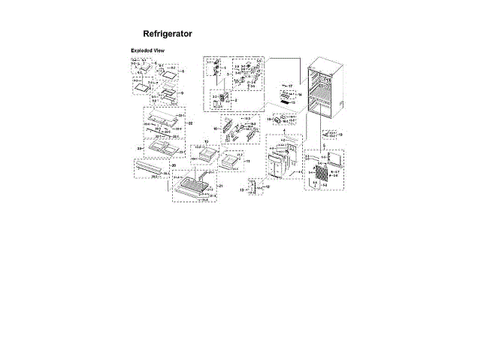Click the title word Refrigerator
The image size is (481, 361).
pyautogui.click(x=168, y=34)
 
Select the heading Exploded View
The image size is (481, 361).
pyautogui.click(x=148, y=50)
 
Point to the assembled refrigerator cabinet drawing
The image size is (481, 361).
pyautogui.click(x=325, y=86)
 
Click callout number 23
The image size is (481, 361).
pyautogui.click(x=139, y=149)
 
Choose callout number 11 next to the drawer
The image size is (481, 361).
pyautogui.click(x=247, y=162)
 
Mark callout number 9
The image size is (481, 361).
pyautogui.click(x=181, y=93)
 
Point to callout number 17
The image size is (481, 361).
pyautogui.click(x=289, y=86)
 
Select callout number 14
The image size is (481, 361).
pyautogui.click(x=298, y=95)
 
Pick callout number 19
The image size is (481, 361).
pyautogui.click(x=340, y=134)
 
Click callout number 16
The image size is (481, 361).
pyautogui.click(x=216, y=129)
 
